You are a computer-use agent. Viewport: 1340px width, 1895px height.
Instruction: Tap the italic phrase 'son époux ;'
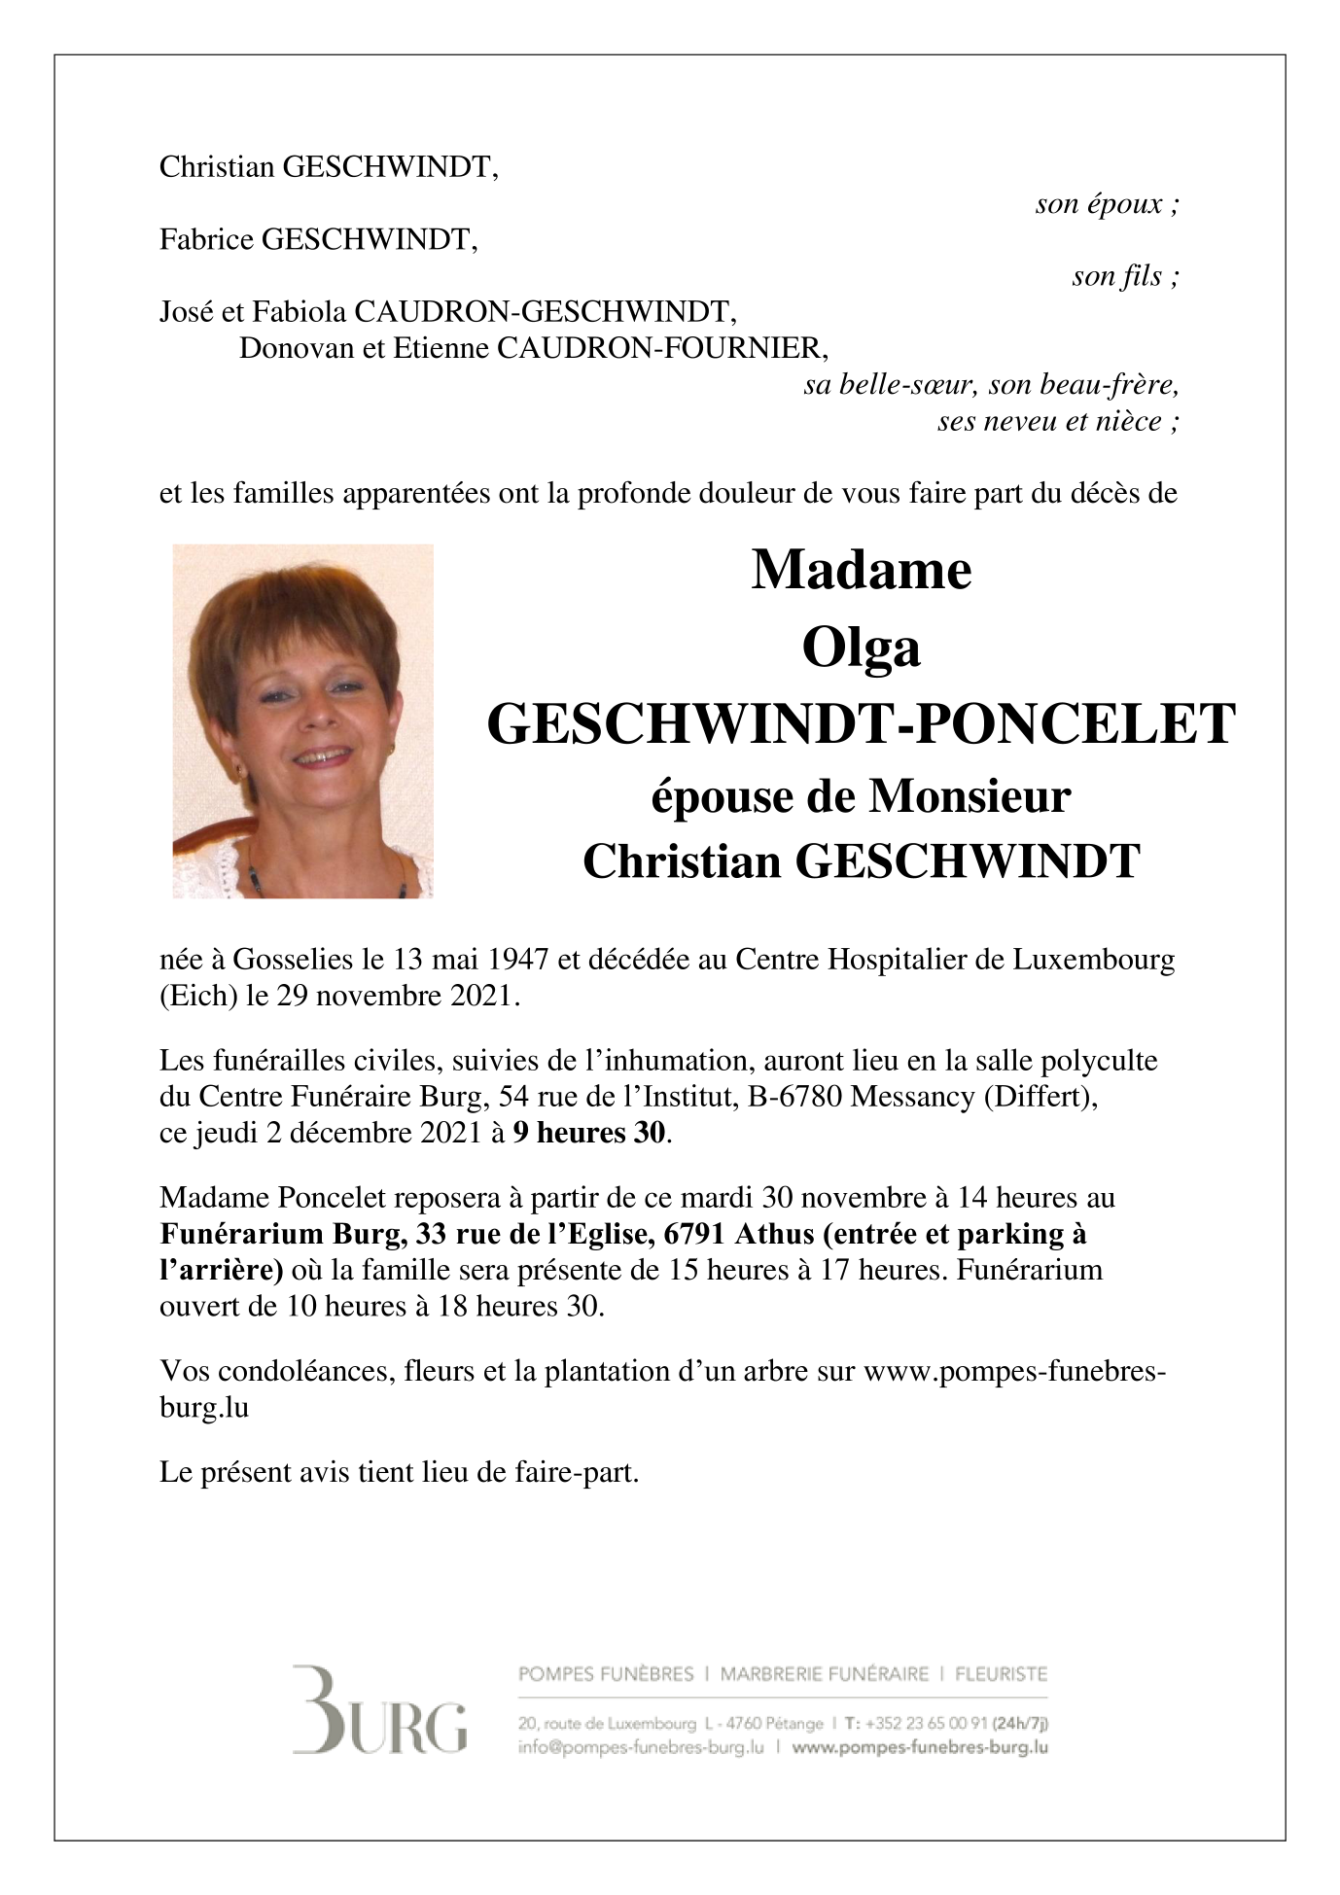point(1107,204)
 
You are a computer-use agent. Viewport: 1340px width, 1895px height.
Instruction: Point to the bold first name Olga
point(861,648)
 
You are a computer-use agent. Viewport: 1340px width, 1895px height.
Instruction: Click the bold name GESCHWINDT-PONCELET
point(861,724)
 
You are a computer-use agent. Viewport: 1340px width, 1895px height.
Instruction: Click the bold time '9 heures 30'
point(590,1133)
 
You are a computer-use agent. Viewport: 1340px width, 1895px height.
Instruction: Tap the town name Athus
point(774,1234)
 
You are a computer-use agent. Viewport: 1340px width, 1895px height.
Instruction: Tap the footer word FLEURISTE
point(1001,1674)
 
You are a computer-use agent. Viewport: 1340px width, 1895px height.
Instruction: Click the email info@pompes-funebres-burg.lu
point(641,1747)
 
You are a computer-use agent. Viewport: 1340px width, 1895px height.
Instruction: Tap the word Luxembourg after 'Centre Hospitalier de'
point(1094,960)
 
